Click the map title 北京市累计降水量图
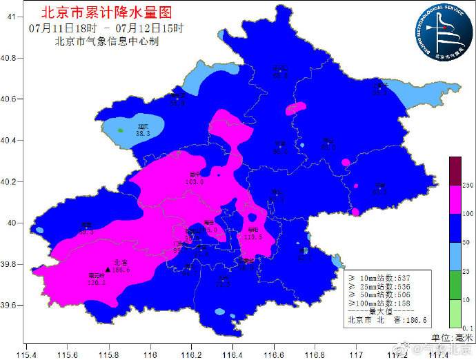click(x=106, y=12)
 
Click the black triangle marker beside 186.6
click(x=107, y=270)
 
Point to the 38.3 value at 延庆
click(x=143, y=133)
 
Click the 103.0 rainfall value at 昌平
click(x=195, y=181)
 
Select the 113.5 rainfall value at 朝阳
click(x=253, y=237)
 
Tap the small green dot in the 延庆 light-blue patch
click(x=120, y=130)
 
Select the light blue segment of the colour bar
click(x=455, y=257)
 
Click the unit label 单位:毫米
click(x=452, y=337)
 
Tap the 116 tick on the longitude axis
click(x=150, y=353)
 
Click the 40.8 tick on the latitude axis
click(x=9, y=58)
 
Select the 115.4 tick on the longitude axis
click(x=26, y=353)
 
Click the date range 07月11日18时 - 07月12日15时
click(x=106, y=28)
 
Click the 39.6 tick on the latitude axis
click(x=9, y=305)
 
